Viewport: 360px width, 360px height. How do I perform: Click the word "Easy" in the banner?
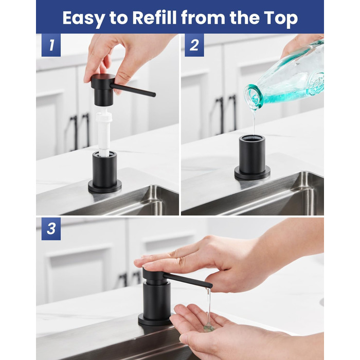83,19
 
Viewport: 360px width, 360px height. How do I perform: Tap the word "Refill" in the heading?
154,17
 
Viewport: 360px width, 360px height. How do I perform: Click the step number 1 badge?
51,45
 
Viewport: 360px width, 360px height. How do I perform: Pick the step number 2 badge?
194,45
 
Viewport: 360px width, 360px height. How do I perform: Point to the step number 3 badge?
51,229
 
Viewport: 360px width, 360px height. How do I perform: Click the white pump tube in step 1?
104,132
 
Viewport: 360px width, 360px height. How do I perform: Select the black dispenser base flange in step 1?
105,186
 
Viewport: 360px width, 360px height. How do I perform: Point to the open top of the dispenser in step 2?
252,138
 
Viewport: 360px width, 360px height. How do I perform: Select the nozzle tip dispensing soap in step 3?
209,286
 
